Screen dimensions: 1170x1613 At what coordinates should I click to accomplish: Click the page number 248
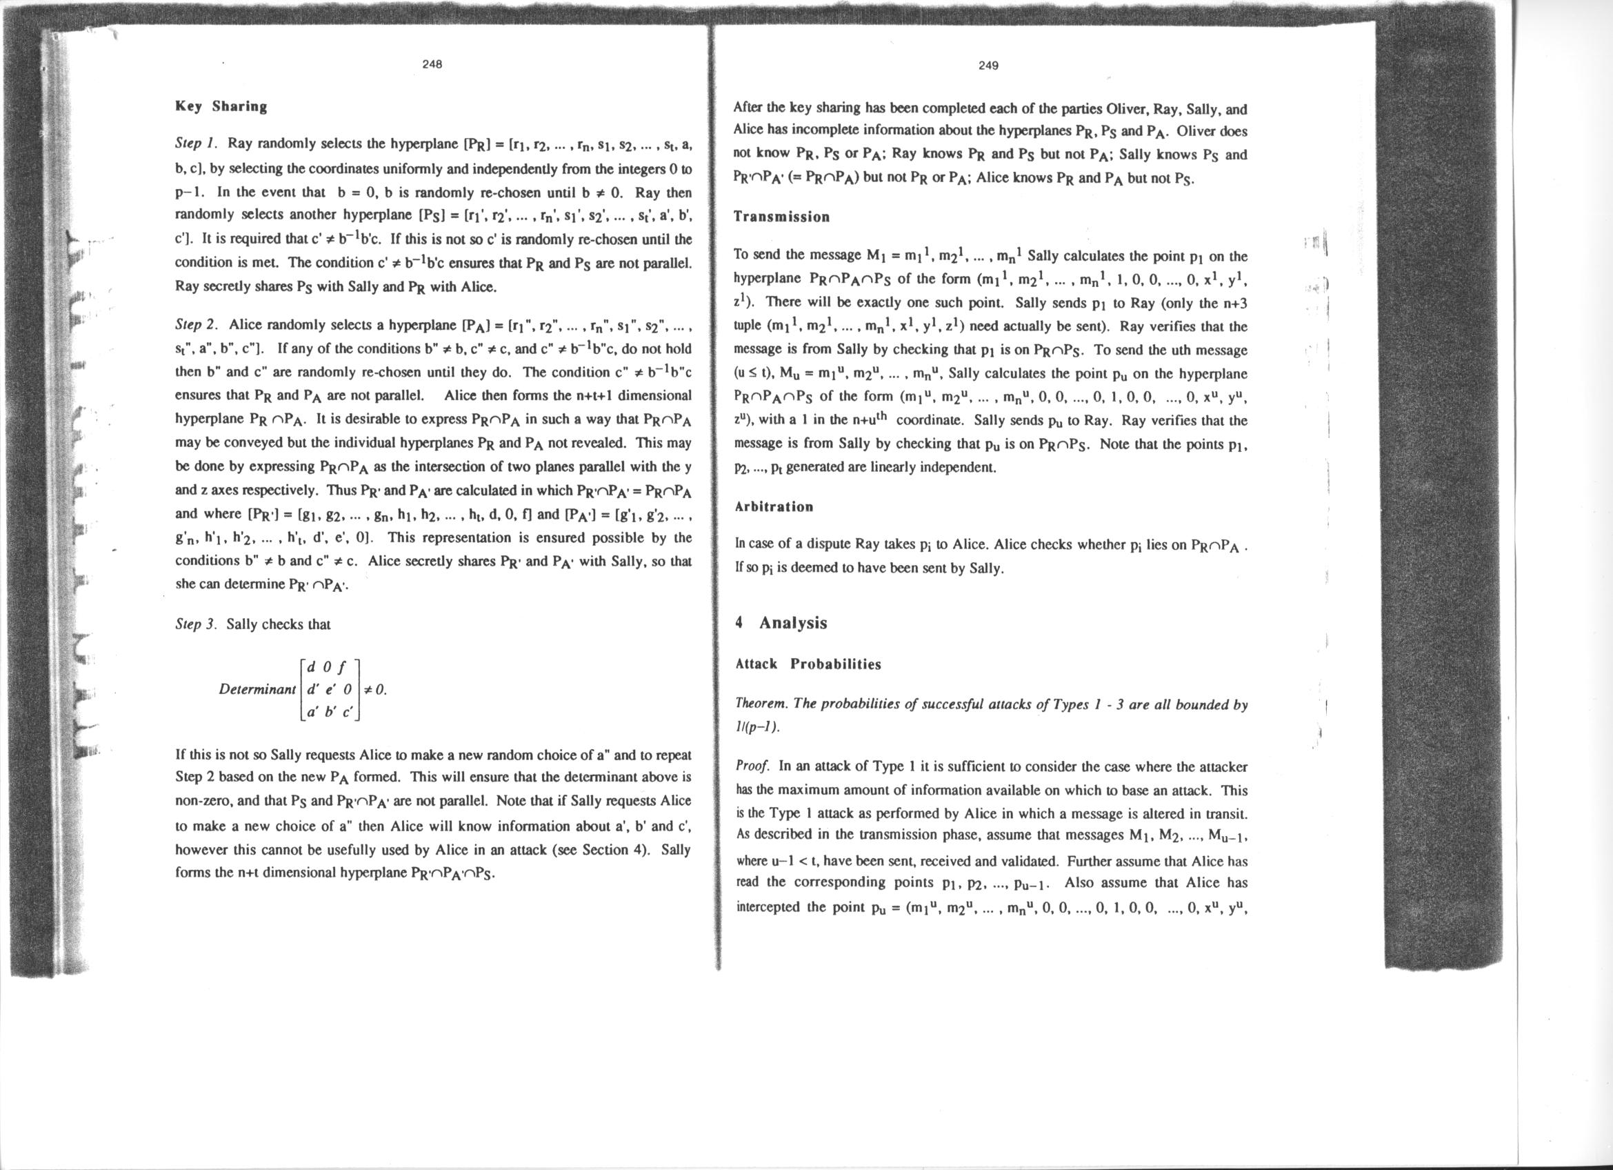tap(432, 64)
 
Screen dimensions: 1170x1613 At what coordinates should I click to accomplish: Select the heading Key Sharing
tap(221, 107)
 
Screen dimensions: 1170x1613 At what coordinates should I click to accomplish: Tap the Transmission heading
tap(781, 217)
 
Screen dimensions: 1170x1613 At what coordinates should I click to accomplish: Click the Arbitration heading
tap(774, 506)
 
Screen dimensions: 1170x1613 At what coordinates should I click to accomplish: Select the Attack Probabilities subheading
tap(808, 664)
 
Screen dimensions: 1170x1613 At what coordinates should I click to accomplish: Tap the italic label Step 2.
tap(197, 325)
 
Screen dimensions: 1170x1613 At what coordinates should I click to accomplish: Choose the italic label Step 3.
tap(197, 624)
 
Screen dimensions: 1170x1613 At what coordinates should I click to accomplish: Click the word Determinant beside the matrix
tap(257, 689)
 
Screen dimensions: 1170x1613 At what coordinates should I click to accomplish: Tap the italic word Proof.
tap(752, 766)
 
